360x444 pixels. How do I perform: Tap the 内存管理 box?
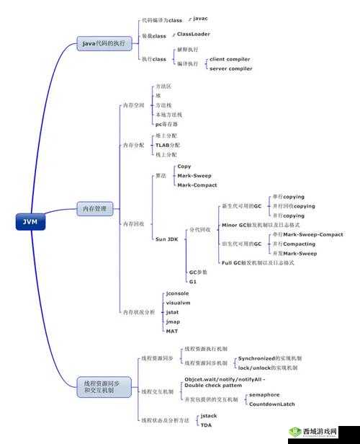95,209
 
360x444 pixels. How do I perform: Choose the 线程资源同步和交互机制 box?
103,386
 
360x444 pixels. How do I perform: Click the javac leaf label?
201,18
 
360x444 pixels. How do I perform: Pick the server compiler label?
230,68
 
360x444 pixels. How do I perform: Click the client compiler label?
230,59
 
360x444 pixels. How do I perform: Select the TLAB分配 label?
168,145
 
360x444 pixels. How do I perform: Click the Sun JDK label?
166,238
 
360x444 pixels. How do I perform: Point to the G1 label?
193,282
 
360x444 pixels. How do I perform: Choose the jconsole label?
177,293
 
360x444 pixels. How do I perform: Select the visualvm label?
178,303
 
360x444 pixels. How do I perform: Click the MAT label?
172,331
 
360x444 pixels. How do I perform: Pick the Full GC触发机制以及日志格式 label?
258,263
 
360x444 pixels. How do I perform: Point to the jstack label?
209,416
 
